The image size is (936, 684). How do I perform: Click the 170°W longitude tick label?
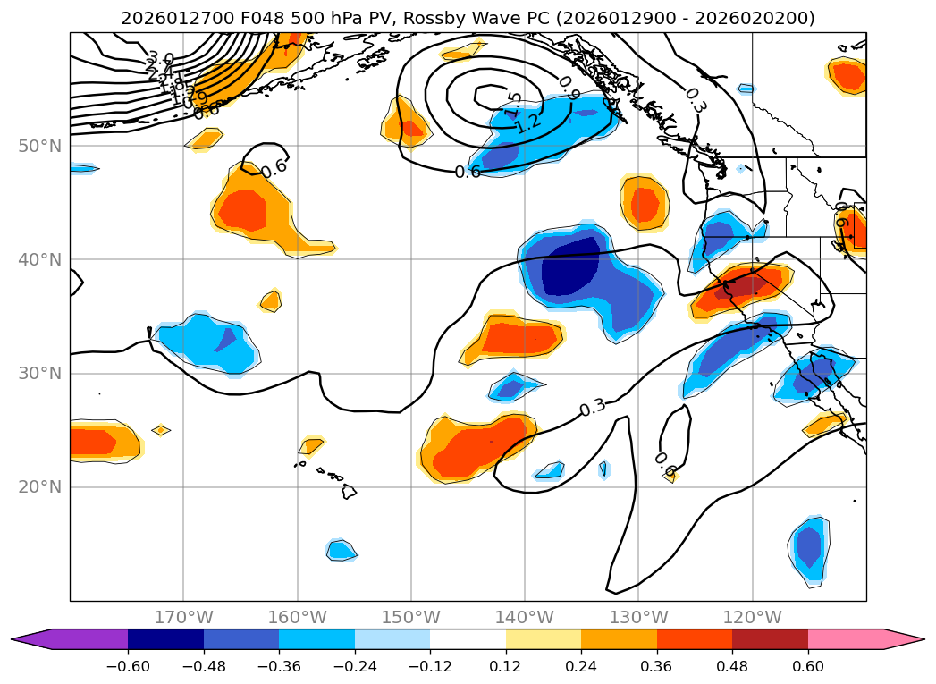(183, 617)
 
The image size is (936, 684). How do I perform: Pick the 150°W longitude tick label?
(410, 617)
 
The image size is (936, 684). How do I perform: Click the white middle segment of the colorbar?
(468, 639)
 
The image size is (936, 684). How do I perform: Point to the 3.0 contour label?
(160, 60)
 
